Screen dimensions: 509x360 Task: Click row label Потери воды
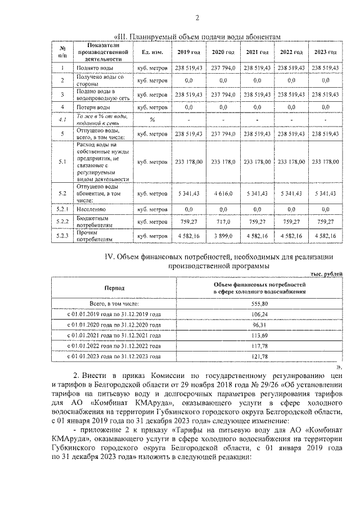pyautogui.click(x=94, y=106)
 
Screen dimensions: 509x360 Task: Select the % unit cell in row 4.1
pyautogui.click(x=152, y=120)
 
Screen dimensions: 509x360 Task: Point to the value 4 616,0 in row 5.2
pyautogui.click(x=223, y=193)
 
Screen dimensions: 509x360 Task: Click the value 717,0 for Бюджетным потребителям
pyautogui.click(x=223, y=222)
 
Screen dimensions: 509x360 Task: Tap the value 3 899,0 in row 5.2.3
pyautogui.click(x=223, y=236)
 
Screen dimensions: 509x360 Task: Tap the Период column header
pyautogui.click(x=115, y=288)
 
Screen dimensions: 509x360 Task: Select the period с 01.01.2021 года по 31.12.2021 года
pyautogui.click(x=115, y=336)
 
